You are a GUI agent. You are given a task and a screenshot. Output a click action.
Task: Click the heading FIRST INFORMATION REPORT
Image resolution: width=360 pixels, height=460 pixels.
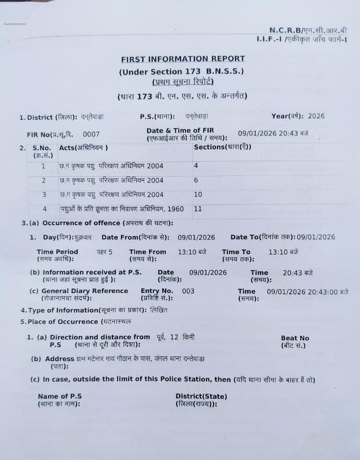[x=183, y=59]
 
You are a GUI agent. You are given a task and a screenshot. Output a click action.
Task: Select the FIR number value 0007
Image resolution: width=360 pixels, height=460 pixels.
[x=91, y=134]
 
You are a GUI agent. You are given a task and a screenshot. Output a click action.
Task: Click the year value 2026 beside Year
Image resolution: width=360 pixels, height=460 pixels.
[x=316, y=116]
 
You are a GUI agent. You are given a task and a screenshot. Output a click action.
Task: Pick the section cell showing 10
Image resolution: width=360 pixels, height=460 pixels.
[x=198, y=194]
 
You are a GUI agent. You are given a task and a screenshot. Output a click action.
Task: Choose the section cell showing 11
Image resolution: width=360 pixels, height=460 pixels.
[x=198, y=209]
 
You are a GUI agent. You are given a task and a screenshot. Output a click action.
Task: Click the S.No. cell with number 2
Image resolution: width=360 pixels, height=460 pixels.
[x=44, y=180]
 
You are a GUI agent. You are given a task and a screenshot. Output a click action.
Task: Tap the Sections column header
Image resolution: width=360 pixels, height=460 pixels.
[x=223, y=147]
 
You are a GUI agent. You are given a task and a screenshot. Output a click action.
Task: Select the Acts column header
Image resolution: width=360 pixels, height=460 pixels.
[x=83, y=148]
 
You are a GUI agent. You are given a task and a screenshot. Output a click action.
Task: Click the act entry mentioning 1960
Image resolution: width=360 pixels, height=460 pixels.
[x=122, y=209]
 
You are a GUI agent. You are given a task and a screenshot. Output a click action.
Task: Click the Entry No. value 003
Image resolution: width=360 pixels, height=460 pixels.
[x=188, y=291]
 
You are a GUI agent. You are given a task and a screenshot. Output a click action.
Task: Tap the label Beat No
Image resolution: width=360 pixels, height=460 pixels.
[x=295, y=338]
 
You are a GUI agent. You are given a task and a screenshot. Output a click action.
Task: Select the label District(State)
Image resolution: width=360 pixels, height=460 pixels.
[x=201, y=396]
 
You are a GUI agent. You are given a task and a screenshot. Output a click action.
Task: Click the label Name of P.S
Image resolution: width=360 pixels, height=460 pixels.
[x=59, y=396]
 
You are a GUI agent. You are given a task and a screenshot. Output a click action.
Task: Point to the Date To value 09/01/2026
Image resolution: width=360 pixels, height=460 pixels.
[x=316, y=237]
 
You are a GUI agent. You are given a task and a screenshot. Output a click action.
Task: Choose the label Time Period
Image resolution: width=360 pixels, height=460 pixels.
[x=57, y=252]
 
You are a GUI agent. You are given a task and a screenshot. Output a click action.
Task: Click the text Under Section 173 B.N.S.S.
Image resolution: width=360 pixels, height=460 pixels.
[x=181, y=72]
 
